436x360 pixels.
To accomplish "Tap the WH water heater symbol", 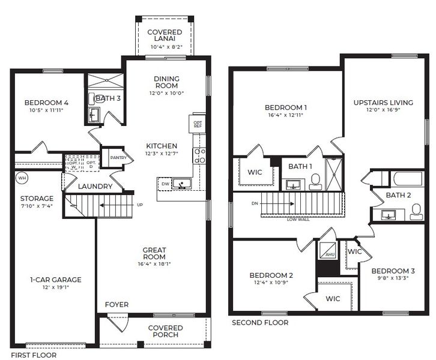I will point(22,178).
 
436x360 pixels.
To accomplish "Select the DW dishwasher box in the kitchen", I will point(165,184).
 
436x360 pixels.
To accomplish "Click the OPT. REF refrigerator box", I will point(198,124).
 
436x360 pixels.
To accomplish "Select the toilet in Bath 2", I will point(416,211).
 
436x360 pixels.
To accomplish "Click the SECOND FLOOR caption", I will point(260,323).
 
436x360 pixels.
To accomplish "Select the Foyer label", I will point(117,304).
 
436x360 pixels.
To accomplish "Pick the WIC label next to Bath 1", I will point(255,172).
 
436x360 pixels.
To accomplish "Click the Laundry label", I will point(95,187).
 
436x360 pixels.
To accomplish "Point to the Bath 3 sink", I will point(94,114).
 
